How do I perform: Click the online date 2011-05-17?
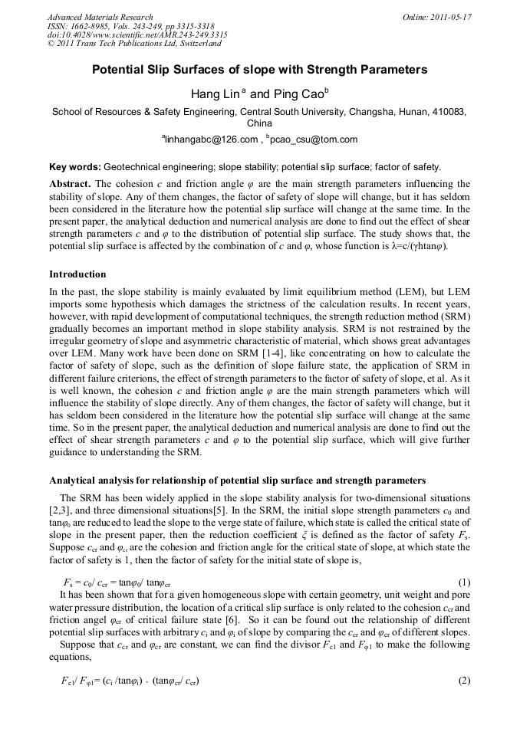tap(449, 17)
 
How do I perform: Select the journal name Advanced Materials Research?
tap(100, 17)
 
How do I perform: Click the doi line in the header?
tap(137, 35)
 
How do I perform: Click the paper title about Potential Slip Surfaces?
tap(259, 70)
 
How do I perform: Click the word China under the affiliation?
tap(259, 123)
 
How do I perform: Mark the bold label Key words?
tap(75, 166)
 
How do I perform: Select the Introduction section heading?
tap(77, 274)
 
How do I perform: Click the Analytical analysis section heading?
tap(237, 481)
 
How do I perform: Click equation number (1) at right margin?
tap(462, 582)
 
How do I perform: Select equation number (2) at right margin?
tap(462, 681)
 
